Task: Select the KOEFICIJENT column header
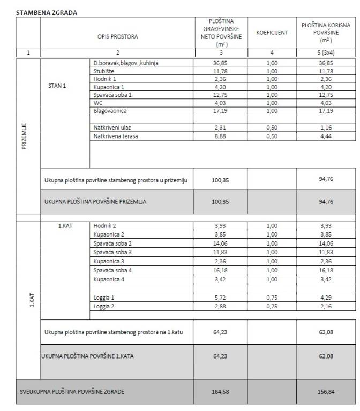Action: click(x=272, y=33)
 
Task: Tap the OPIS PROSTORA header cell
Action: click(x=117, y=37)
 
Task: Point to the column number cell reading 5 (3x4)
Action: click(x=326, y=52)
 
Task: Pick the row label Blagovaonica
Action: click(x=110, y=111)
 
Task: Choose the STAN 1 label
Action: click(x=57, y=86)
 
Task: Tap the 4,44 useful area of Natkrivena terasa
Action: click(x=326, y=136)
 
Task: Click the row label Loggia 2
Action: click(x=103, y=306)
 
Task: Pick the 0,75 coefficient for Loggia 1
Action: click(x=272, y=298)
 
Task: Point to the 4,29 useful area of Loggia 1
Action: click(x=326, y=298)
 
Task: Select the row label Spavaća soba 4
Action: click(x=112, y=271)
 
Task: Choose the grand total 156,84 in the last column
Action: click(x=326, y=392)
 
